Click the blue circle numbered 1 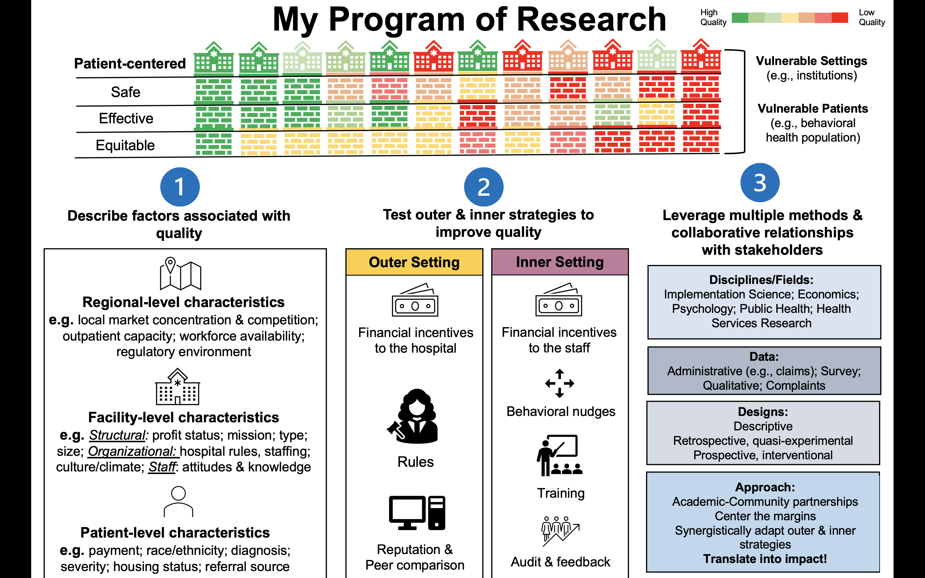coord(180,187)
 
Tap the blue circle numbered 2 coord(483,187)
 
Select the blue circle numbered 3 coord(760,183)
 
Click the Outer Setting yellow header coord(414,262)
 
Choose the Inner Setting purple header coord(560,262)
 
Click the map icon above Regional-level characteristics coord(180,274)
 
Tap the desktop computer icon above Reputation coord(417,513)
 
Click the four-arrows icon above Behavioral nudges coord(559,383)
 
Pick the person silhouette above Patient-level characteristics coord(178,501)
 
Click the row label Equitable coord(125,145)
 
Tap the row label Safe coord(125,92)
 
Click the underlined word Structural coord(117,435)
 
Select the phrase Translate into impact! coord(765,559)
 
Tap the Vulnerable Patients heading coord(813,109)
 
